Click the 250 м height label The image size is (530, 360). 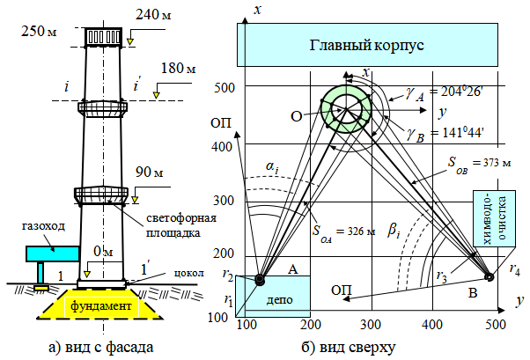(x=39, y=31)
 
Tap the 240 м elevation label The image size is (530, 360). (x=153, y=15)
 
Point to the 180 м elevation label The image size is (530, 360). (x=178, y=69)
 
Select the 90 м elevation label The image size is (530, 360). (x=149, y=172)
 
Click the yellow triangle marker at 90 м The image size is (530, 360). (x=135, y=200)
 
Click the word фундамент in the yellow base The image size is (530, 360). (x=100, y=306)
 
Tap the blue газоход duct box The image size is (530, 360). (x=53, y=253)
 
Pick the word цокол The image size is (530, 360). (x=189, y=273)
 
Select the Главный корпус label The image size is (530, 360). (x=367, y=45)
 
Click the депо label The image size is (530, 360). (x=280, y=300)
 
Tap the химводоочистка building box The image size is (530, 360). (x=494, y=218)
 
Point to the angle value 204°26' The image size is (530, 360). (x=456, y=92)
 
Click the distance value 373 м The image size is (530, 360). (x=492, y=163)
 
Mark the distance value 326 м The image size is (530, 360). (x=356, y=231)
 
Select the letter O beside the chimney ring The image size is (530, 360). (x=296, y=116)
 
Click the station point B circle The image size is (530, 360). (x=490, y=277)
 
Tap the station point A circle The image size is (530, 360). (x=260, y=280)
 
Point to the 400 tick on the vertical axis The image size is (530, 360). (x=222, y=147)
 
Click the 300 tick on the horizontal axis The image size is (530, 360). (x=371, y=325)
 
